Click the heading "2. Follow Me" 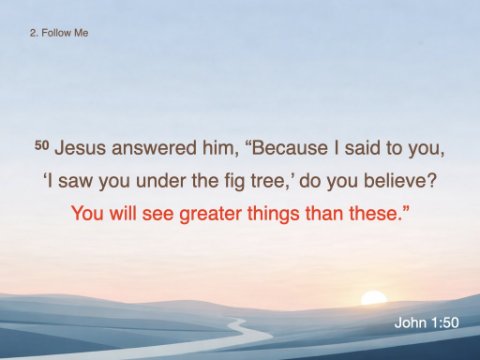click(x=59, y=33)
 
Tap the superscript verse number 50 click(x=42, y=145)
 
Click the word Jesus click(x=80, y=148)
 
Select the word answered click(x=154, y=148)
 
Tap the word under click(x=161, y=181)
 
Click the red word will click(x=123, y=213)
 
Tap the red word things click(x=273, y=214)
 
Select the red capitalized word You click(x=87, y=213)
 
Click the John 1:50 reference click(x=426, y=323)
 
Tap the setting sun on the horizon click(x=374, y=297)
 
